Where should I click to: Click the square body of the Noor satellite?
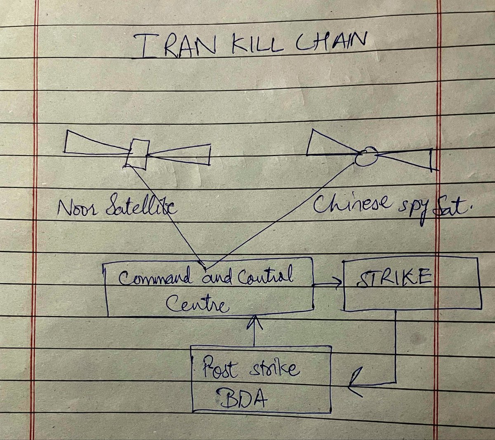click(x=137, y=154)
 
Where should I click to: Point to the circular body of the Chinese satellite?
click(x=366, y=156)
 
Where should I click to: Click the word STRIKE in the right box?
click(x=394, y=278)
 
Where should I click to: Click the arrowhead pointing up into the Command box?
click(x=255, y=322)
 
